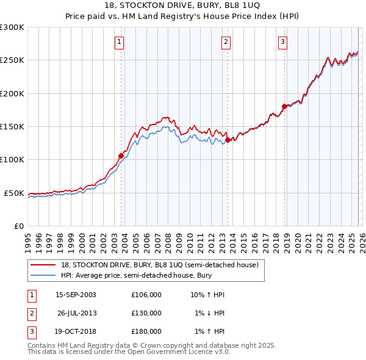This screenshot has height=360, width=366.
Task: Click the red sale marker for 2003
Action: (x=121, y=156)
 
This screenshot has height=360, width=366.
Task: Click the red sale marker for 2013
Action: (x=228, y=140)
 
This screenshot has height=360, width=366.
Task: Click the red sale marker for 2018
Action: (x=284, y=107)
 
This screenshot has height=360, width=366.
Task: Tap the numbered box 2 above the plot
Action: (x=226, y=42)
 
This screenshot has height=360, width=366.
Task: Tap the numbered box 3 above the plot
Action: (x=282, y=42)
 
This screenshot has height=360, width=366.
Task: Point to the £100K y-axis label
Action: (x=12, y=160)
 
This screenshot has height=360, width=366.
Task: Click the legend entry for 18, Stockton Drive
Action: (x=160, y=265)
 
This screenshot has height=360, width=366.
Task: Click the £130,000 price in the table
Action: (x=146, y=313)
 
